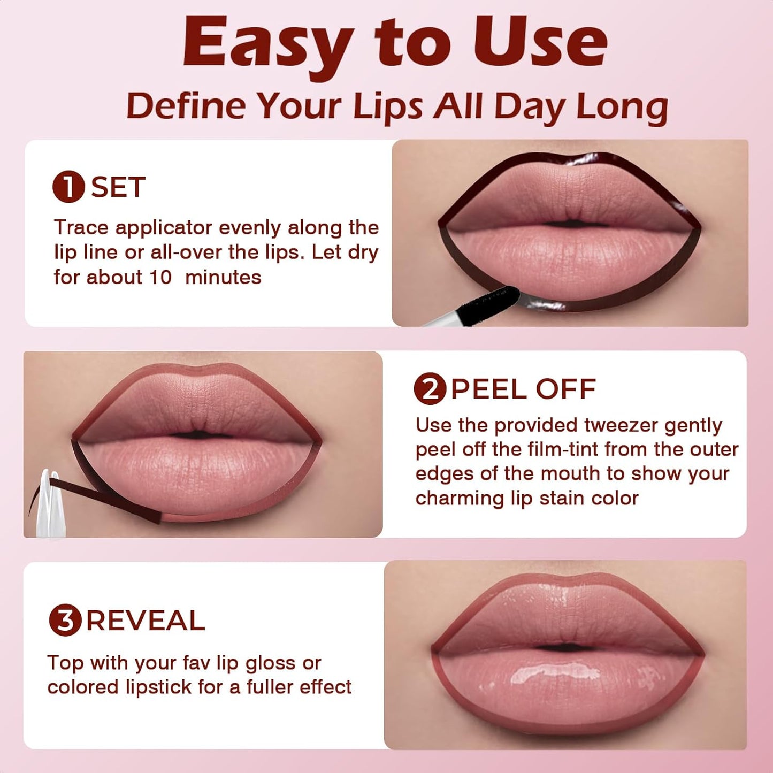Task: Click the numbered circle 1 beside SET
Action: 68,187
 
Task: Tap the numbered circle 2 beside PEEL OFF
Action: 430,389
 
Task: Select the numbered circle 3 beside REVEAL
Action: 65,621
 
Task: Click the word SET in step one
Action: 118,187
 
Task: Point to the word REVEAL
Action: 146,621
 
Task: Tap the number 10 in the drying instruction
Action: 159,277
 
